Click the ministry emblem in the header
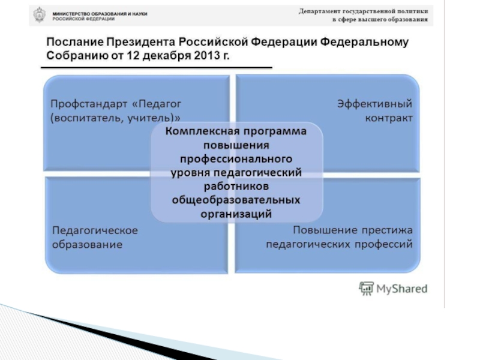tap(39, 14)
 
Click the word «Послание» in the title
tap(73, 43)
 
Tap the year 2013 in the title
tap(200, 56)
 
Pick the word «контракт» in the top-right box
tap(389, 118)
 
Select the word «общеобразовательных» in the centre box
tap(236, 200)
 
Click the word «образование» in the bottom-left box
tap(88, 244)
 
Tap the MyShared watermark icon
tap(366, 289)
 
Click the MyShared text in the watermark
tap(401, 289)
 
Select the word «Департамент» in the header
tap(325, 11)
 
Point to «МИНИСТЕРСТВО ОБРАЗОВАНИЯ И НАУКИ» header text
tap(100, 13)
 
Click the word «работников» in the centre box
tap(236, 186)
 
